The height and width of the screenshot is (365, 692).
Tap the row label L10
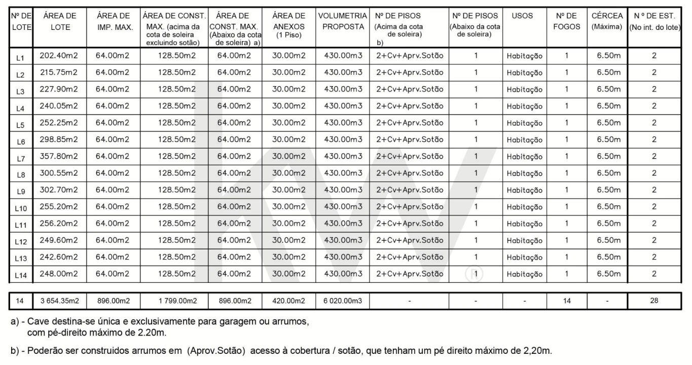(x=20, y=208)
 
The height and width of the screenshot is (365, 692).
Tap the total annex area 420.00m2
(x=288, y=301)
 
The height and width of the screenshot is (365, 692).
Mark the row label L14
(x=20, y=275)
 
